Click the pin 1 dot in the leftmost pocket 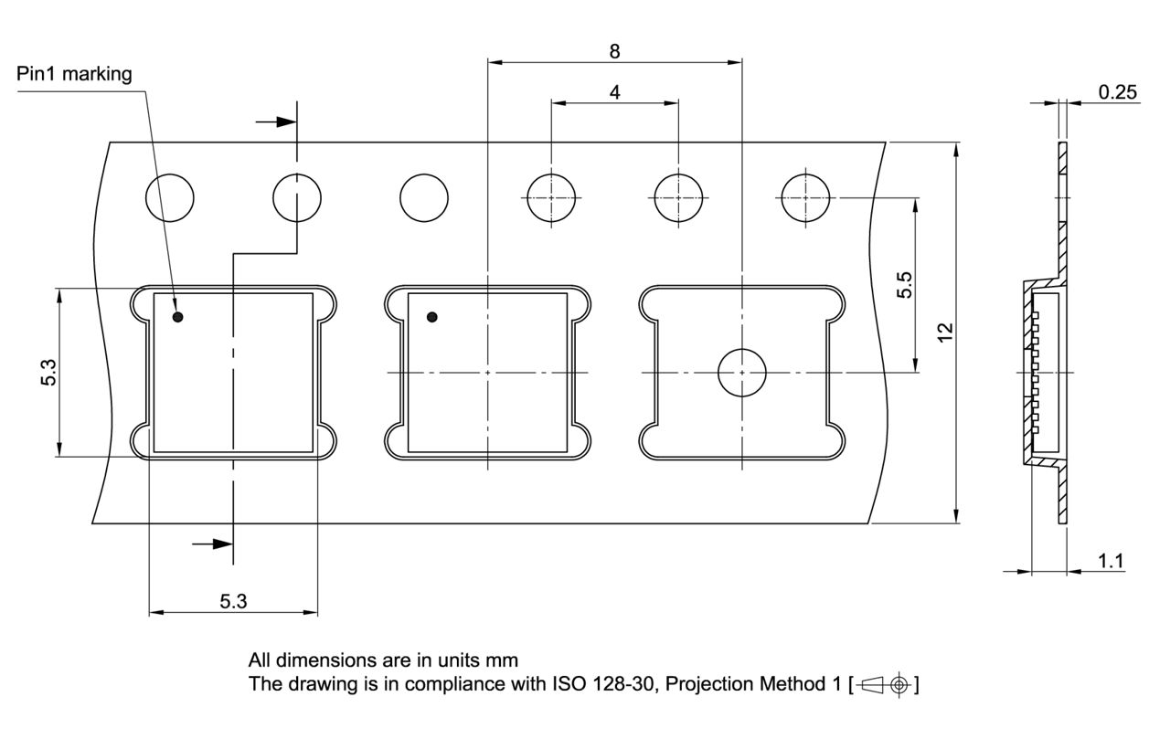(179, 317)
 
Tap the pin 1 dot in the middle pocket (432, 317)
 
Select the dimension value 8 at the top (614, 51)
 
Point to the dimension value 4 (614, 92)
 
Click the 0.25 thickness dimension (1118, 92)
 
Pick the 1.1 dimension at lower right (1111, 561)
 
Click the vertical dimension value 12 (946, 332)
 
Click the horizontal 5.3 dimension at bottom (233, 601)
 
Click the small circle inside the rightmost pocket (741, 373)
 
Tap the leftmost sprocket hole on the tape (171, 197)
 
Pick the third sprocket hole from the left (424, 197)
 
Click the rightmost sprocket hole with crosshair (805, 197)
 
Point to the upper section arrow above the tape (277, 121)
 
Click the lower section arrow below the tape (213, 544)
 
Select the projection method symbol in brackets (885, 684)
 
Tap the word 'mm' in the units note (503, 660)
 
